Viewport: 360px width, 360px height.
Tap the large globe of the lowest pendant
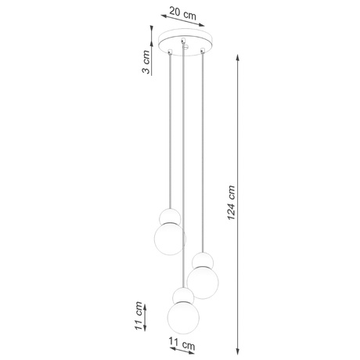[183, 317]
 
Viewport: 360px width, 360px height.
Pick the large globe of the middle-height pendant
[203, 282]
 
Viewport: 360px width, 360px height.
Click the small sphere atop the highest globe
[167, 216]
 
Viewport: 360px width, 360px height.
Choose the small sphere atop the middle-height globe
[203, 261]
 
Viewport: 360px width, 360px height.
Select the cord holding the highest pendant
[168, 133]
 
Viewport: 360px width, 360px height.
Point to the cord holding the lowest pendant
[184, 172]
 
